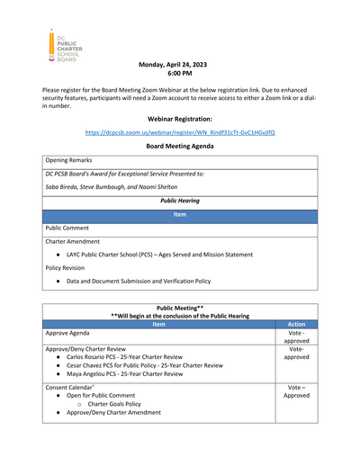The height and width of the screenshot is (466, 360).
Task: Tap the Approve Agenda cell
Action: [75, 334]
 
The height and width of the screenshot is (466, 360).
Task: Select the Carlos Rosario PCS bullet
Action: [130, 357]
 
